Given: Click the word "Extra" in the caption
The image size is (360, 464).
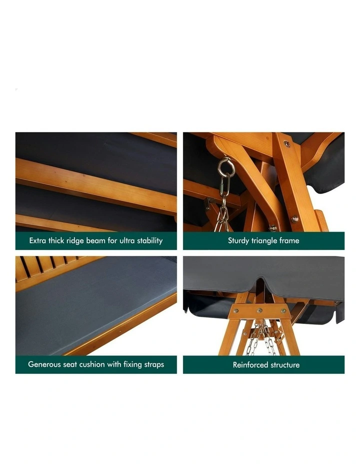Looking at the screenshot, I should click(x=38, y=240).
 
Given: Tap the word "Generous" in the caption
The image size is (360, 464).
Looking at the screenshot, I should click(x=44, y=364).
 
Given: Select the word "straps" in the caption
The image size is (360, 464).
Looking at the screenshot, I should click(x=152, y=364).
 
